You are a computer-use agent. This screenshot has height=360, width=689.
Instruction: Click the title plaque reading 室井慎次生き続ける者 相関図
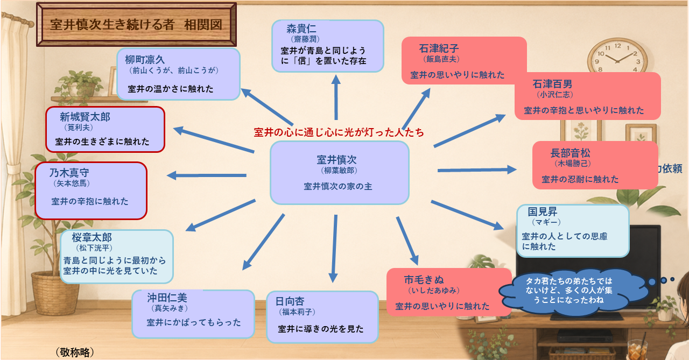click(136, 25)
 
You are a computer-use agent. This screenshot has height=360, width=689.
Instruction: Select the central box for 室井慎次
click(340, 173)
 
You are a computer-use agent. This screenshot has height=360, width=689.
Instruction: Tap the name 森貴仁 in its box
click(301, 29)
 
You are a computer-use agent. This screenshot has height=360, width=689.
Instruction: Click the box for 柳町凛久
click(178, 74)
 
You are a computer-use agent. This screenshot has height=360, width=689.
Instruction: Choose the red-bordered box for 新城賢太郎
click(105, 130)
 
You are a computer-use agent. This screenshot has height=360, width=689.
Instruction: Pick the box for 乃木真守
click(91, 190)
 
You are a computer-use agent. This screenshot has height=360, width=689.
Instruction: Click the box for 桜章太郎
click(117, 256)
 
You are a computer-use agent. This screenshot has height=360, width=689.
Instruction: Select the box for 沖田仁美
click(193, 314)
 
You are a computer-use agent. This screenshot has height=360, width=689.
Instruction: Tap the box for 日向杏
click(322, 317)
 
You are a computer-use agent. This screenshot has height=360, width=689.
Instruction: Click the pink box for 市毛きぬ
click(449, 292)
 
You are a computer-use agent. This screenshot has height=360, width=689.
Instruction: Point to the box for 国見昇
click(573, 230)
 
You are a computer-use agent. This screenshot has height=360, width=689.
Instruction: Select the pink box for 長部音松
click(595, 165)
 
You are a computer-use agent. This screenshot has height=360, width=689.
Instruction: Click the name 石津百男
click(552, 84)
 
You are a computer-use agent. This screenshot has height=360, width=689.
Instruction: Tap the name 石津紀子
click(439, 48)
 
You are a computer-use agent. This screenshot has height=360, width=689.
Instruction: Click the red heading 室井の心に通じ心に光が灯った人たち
click(339, 132)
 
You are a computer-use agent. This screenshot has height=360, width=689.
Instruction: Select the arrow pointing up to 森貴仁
click(336, 97)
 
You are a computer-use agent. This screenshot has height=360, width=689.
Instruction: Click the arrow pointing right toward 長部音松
click(477, 170)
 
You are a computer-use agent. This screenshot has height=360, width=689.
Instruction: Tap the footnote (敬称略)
click(75, 352)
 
